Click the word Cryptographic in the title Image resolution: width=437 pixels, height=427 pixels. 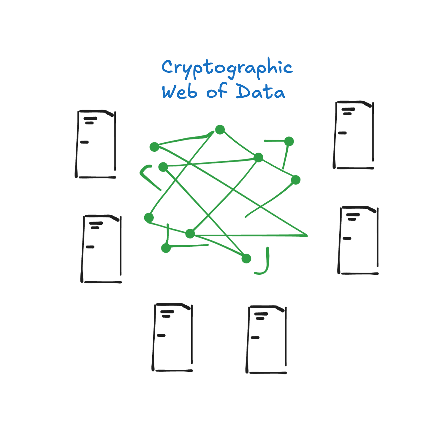point(227,68)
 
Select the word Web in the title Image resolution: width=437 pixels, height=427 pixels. point(179,92)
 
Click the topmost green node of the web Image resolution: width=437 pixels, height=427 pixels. point(220,129)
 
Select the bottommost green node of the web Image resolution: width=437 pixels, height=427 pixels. point(246,258)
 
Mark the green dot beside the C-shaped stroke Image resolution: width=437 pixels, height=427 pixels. point(163,167)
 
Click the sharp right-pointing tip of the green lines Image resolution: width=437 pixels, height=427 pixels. point(307,235)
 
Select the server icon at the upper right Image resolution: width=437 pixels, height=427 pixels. point(354,135)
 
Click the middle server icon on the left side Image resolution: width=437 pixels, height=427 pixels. point(101,249)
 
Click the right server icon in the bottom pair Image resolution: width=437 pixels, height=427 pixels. point(267,339)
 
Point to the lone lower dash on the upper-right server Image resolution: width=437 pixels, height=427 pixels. point(342,133)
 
